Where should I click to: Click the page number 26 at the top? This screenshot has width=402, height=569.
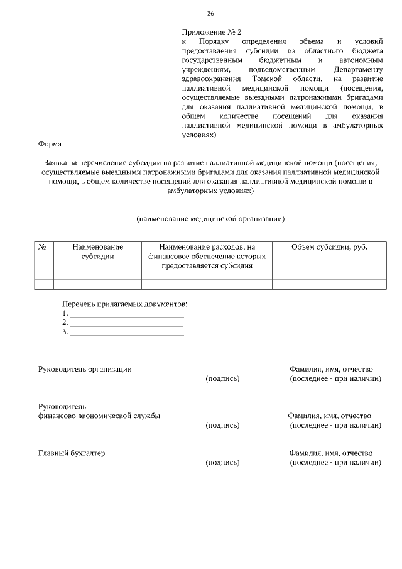[210, 14]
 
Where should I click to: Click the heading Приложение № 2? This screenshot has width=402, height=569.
[211, 31]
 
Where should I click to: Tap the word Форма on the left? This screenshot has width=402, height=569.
[50, 143]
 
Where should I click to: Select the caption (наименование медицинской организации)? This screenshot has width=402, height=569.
[210, 219]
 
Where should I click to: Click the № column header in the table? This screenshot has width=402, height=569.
[43, 247]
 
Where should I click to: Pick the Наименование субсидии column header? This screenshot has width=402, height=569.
[97, 251]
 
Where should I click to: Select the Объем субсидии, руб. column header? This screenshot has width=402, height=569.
[329, 247]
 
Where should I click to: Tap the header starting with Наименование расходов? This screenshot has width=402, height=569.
[207, 256]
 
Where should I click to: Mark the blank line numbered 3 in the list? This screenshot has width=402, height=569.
[127, 335]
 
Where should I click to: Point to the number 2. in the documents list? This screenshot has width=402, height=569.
[65, 323]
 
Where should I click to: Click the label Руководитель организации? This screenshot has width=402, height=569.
[85, 369]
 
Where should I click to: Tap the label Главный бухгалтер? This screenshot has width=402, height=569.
[72, 453]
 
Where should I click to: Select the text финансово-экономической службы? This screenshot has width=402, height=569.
[99, 416]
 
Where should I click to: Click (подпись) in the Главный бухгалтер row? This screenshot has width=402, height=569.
[222, 463]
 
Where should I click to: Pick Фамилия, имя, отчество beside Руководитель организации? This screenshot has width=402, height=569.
[331, 369]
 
